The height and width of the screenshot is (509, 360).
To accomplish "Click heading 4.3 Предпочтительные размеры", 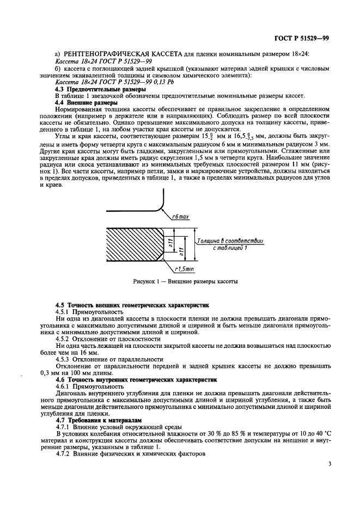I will tap(101, 88).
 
